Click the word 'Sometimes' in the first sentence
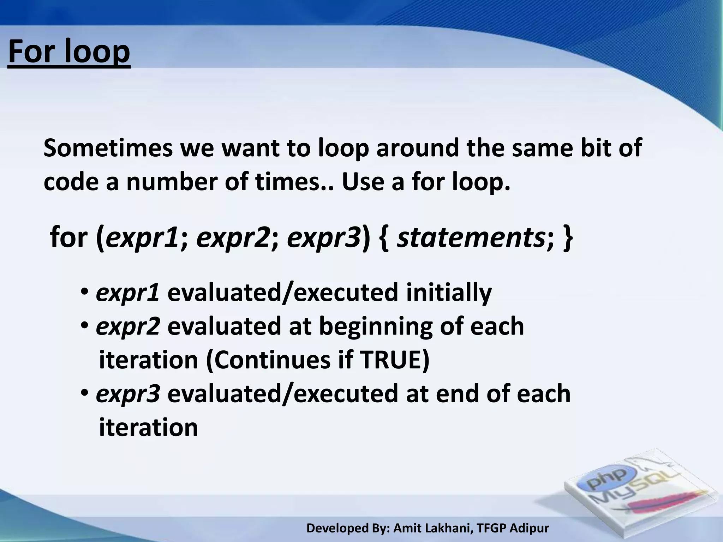pyautogui.click(x=108, y=148)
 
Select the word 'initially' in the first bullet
pyautogui.click(x=448, y=293)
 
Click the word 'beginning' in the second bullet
pyautogui.click(x=376, y=327)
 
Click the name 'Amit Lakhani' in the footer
pyautogui.click(x=432, y=528)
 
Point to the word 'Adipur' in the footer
pyautogui.click(x=530, y=528)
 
